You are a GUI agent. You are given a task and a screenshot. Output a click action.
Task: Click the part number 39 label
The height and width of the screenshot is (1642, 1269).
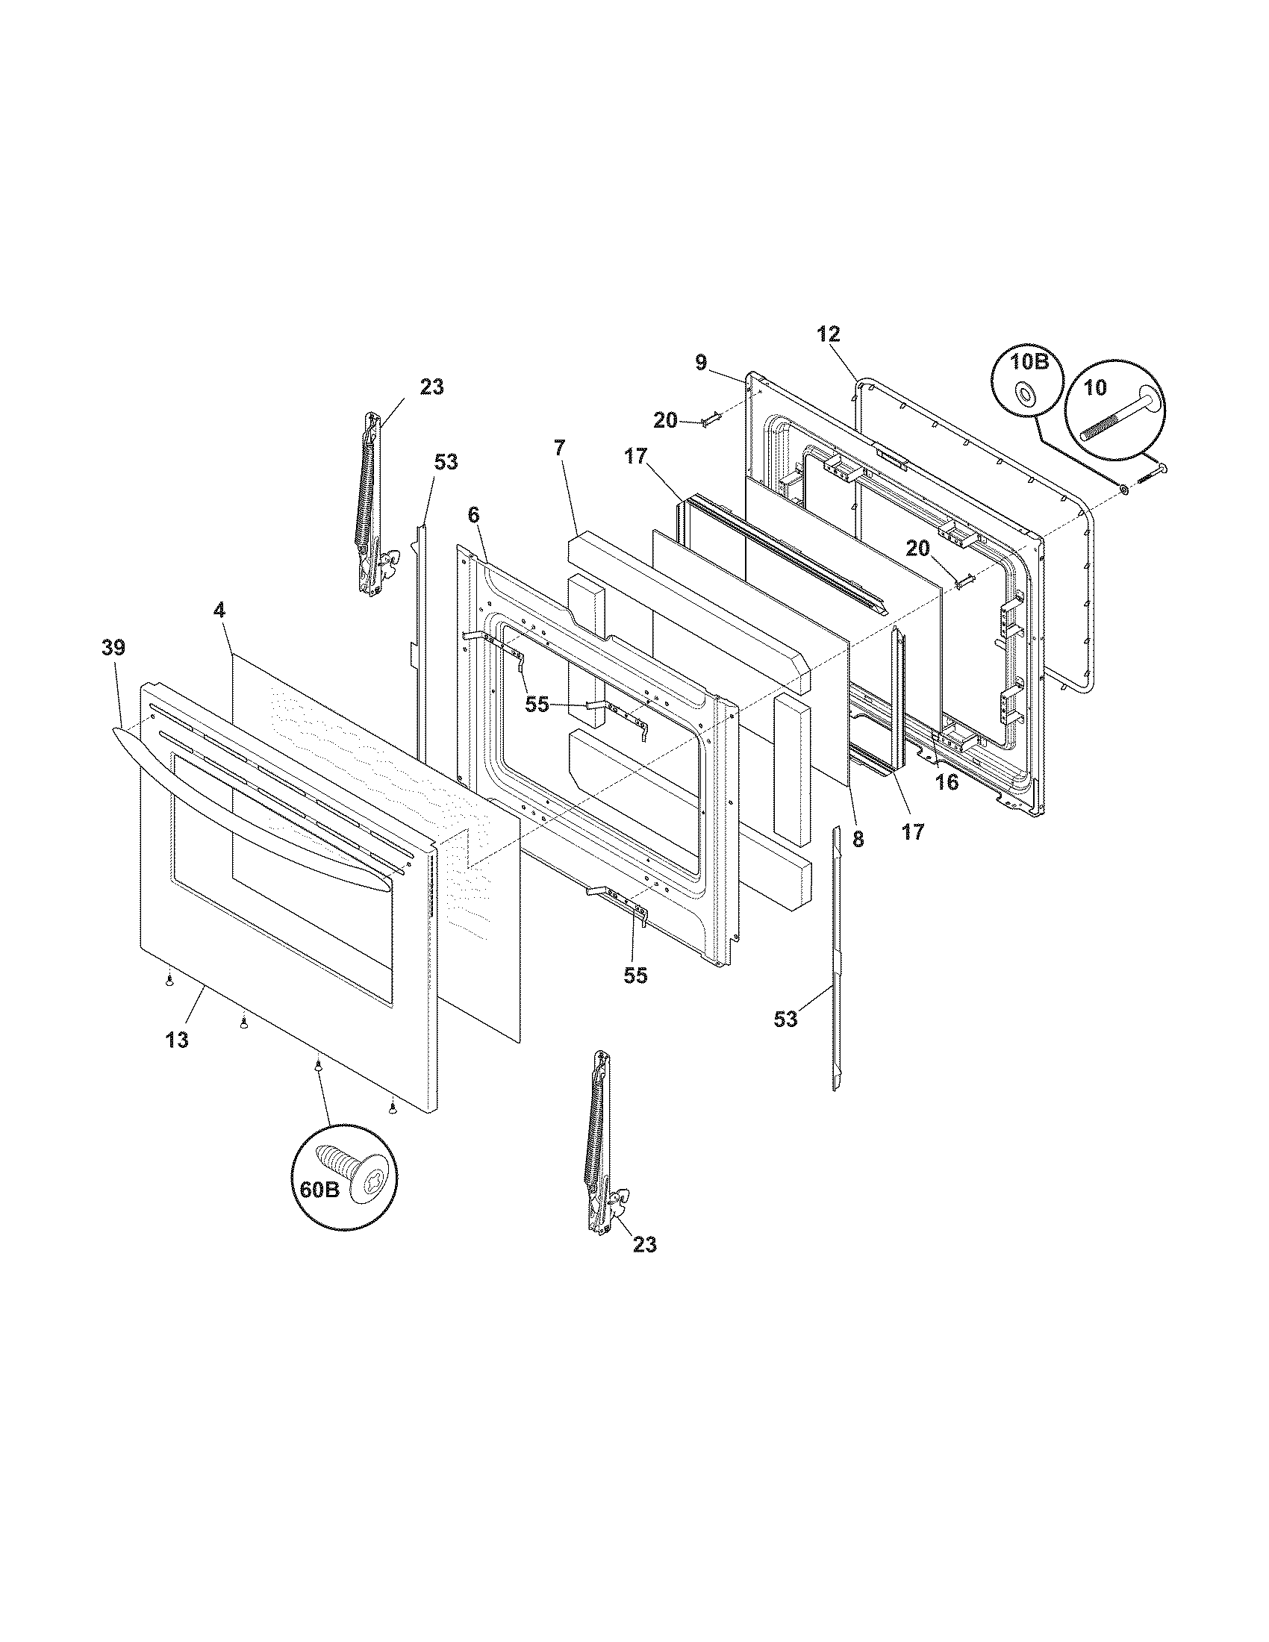(x=113, y=647)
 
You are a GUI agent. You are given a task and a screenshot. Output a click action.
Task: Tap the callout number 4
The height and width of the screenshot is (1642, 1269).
(x=219, y=611)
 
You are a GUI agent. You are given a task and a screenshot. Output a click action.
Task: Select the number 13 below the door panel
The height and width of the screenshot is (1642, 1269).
(x=178, y=1040)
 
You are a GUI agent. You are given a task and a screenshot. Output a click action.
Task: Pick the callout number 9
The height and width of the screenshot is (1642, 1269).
(x=701, y=363)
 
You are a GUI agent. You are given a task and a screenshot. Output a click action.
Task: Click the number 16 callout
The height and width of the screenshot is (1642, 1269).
(x=947, y=782)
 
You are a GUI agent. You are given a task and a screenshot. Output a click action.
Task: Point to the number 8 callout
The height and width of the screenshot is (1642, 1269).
(x=858, y=839)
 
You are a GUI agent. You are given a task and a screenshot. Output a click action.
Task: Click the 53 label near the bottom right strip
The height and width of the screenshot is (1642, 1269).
(x=785, y=1020)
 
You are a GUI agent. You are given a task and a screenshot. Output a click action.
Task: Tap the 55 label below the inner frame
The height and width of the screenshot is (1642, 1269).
(x=635, y=976)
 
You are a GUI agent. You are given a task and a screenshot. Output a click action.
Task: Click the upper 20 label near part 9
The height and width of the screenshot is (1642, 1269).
(x=665, y=420)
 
